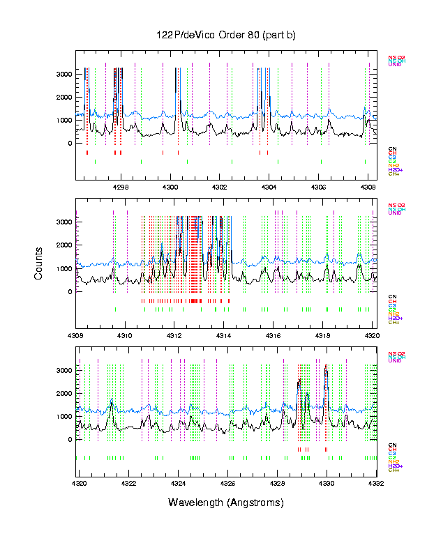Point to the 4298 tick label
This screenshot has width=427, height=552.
pyautogui.click(x=121, y=187)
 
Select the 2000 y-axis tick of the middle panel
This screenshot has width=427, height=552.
pyautogui.click(x=64, y=245)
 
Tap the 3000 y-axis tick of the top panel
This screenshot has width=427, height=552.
pyautogui.click(x=64, y=74)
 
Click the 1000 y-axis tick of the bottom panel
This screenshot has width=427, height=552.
pyautogui.click(x=64, y=417)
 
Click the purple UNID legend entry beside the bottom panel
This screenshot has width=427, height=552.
pyautogui.click(x=395, y=361)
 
